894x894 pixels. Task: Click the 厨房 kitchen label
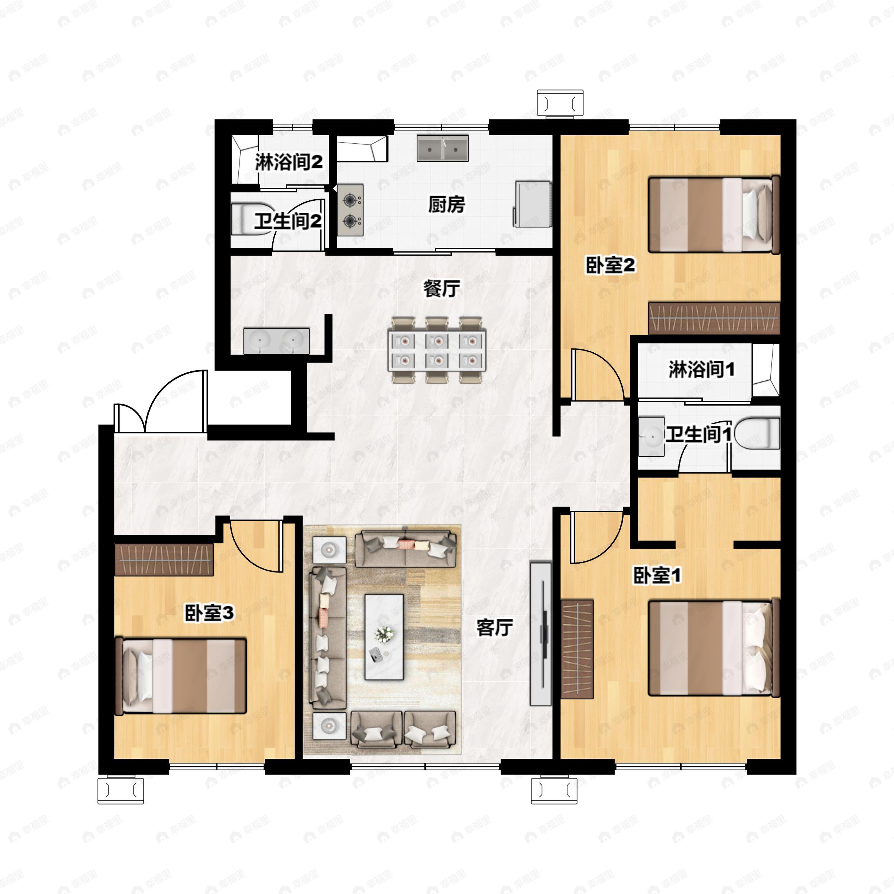pos(446,205)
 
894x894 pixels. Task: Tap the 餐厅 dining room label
pos(441,289)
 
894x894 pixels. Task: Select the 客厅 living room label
pos(495,627)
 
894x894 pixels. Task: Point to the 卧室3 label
pos(209,613)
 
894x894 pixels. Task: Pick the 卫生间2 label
pos(288,221)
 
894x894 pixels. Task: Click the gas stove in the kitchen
pos(350,210)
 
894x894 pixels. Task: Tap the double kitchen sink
pos(443,148)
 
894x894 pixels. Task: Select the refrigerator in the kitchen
pos(532,204)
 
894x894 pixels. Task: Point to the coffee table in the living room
pos(384,637)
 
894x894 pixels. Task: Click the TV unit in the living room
pos(541,634)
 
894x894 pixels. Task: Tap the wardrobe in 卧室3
pos(164,560)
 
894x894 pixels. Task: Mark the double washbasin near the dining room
pos(277,341)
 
